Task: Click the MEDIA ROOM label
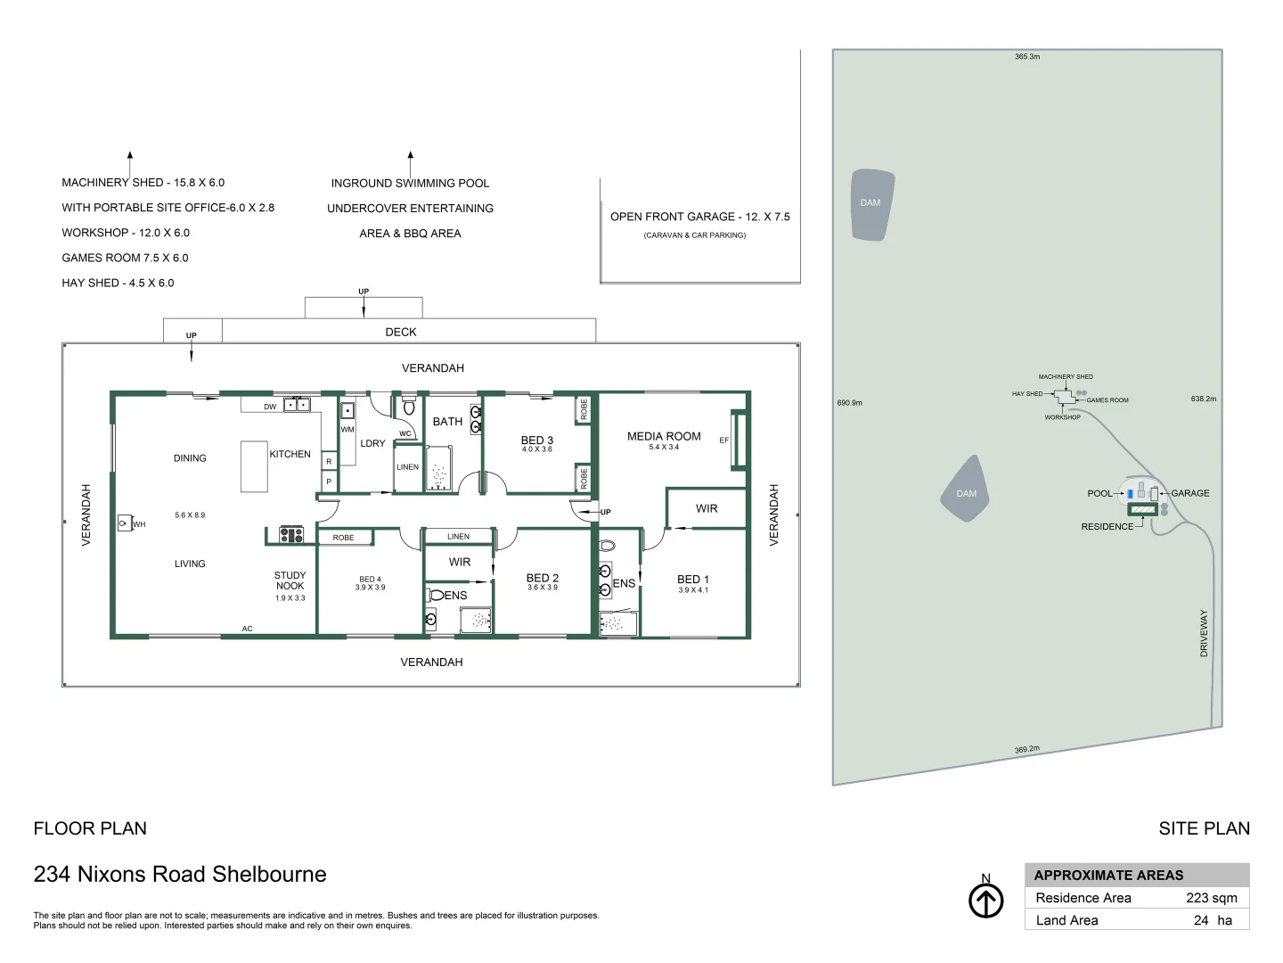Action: coord(664,436)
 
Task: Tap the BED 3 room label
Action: coord(536,440)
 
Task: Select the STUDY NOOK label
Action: coord(290,580)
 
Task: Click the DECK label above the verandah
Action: coord(401,332)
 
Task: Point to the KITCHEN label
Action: coord(290,454)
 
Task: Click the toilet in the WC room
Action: coord(409,407)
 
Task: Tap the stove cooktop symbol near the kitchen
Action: coord(291,535)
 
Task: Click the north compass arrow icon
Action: coord(985,901)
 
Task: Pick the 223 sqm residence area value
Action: coord(1211,898)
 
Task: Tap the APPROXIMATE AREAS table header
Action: coord(1108,875)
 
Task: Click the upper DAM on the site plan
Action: coord(871,204)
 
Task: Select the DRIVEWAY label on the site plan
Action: coord(1204,633)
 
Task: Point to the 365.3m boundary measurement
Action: coord(1027,56)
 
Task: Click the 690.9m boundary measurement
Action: coord(849,403)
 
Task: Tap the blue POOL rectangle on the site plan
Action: coord(1130,493)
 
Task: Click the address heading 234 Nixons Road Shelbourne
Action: coord(180,874)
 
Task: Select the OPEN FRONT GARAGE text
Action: coord(699,217)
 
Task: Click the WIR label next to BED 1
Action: coord(707,508)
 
